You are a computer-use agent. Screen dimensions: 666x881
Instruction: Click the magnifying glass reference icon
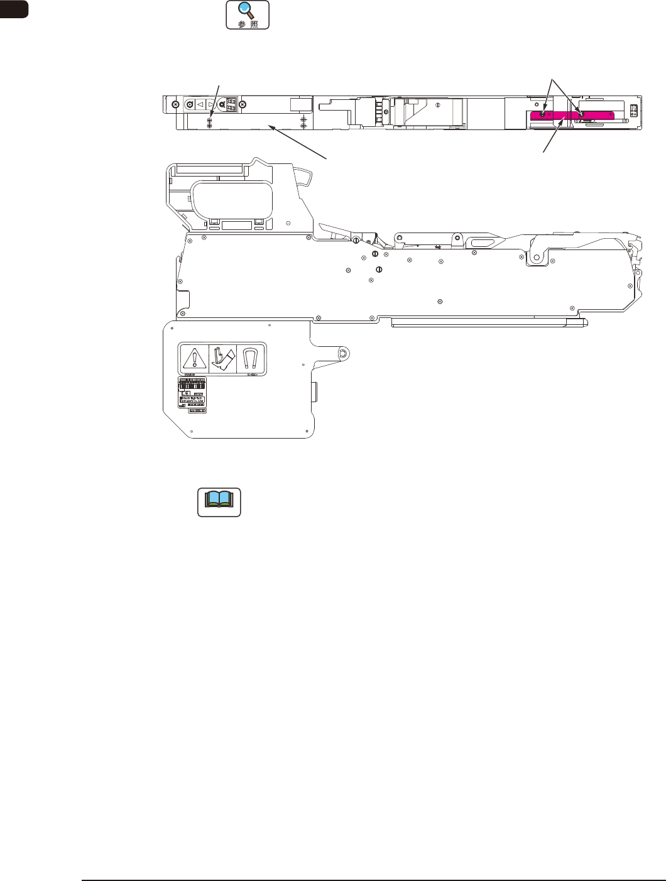pos(248,14)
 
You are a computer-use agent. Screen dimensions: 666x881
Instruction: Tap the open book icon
pos(219,501)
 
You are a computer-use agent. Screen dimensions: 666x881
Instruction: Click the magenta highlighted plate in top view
pos(572,116)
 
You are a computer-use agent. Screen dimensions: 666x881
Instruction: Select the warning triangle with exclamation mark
pos(194,359)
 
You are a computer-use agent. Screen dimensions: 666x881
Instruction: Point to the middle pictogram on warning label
pos(222,359)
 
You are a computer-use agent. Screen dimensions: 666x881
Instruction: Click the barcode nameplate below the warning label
pos(193,393)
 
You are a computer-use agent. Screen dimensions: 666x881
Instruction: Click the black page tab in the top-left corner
pos(14,9)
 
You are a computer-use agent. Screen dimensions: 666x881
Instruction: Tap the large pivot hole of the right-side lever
pos(538,257)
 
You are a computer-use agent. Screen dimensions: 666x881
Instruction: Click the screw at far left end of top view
pos(175,104)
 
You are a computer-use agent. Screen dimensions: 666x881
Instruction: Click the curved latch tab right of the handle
pos(304,177)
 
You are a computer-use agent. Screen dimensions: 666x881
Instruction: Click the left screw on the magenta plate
pos(542,114)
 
